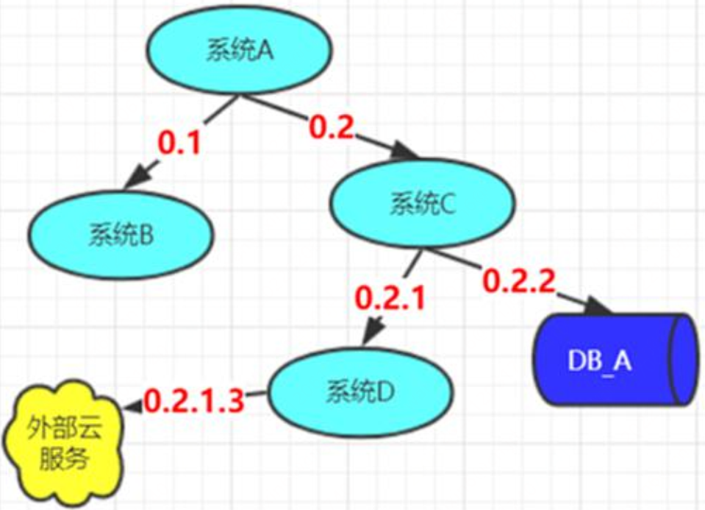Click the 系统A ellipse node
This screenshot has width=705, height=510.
coord(240,51)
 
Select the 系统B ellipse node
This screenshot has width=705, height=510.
coord(121,235)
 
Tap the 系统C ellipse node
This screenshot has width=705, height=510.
coord(423,203)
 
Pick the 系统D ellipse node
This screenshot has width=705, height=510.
coord(361,392)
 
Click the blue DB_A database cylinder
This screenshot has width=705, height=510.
coord(616,360)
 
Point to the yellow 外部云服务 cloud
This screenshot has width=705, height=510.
coord(63,443)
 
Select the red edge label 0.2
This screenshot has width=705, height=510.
coord(332,127)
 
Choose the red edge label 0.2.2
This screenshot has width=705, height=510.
coord(519,280)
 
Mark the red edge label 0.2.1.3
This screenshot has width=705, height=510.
coord(194,400)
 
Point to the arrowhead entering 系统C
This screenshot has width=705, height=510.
coord(404,150)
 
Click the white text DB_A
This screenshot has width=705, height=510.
coord(599,361)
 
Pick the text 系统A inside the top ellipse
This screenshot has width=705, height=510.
coord(240,50)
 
